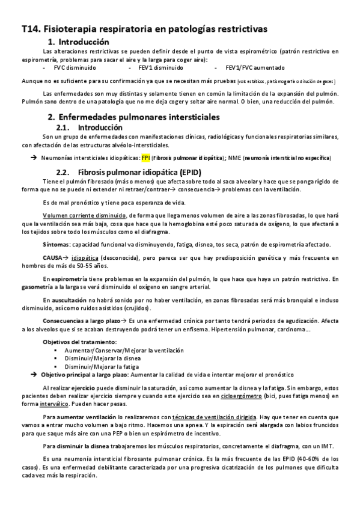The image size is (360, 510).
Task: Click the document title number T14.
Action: point(29,28)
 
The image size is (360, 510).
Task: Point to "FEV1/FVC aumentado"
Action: point(251,67)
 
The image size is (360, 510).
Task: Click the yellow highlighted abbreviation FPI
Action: point(145,158)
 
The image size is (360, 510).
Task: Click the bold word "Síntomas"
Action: point(55,245)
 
